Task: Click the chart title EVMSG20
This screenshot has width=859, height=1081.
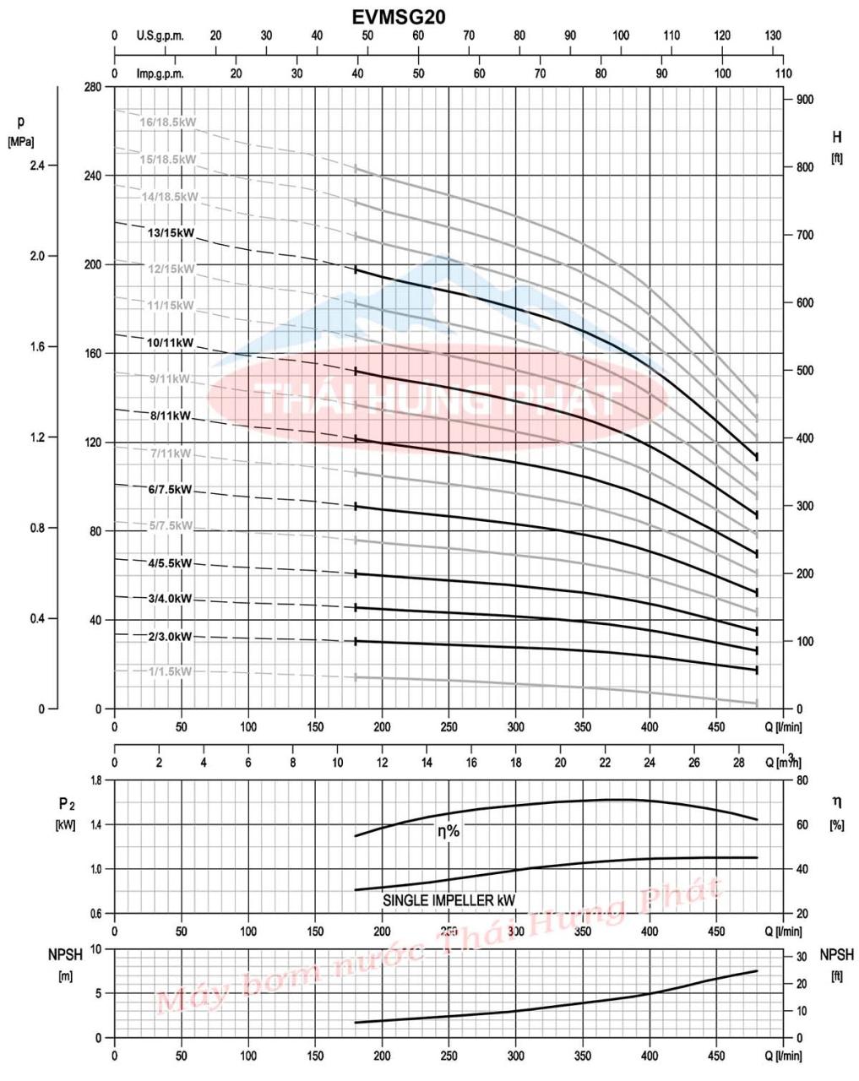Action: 399,16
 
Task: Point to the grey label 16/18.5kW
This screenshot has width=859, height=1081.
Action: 168,122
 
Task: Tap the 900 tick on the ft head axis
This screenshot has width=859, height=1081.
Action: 804,100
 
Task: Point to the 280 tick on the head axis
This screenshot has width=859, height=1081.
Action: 94,88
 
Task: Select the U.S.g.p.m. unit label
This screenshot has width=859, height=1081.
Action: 160,35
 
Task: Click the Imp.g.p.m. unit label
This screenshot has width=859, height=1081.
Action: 160,73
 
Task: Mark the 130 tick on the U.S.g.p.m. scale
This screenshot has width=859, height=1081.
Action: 773,35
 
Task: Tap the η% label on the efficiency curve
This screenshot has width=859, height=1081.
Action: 449,831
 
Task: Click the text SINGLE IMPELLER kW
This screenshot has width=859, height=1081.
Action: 449,900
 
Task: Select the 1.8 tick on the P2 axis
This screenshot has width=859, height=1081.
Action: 95,780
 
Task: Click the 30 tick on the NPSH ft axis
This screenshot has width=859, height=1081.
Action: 802,956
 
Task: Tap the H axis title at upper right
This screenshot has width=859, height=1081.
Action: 836,137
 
